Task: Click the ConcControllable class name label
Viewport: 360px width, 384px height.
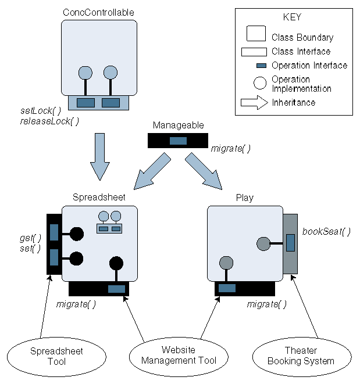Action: click(99, 12)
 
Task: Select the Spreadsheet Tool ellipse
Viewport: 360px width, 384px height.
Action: click(48, 356)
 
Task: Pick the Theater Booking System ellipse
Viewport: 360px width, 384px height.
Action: click(301, 356)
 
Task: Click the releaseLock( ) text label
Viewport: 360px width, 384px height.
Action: click(49, 121)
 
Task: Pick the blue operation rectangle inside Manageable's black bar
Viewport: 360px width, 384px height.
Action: click(177, 141)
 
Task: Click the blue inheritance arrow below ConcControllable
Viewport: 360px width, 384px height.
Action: click(99, 156)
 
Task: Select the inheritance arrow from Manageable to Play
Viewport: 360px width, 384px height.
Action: click(204, 172)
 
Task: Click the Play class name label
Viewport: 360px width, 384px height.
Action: click(244, 198)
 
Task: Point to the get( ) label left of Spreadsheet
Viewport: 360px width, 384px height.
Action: click(30, 238)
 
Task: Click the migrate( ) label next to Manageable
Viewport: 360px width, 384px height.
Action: click(231, 149)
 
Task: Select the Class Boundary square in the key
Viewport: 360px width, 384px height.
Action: click(256, 35)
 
